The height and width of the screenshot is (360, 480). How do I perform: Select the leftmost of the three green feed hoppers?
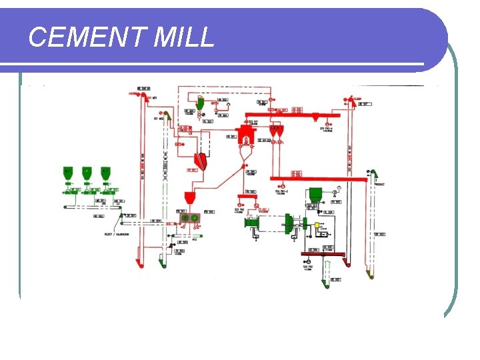(x=68, y=173)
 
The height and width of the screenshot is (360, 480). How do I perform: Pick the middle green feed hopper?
(x=87, y=173)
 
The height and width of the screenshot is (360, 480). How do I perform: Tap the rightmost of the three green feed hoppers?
(x=105, y=173)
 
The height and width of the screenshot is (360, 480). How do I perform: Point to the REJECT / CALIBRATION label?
(x=117, y=234)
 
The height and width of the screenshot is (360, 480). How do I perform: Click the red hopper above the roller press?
(x=189, y=198)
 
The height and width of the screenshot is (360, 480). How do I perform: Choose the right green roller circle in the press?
(x=195, y=217)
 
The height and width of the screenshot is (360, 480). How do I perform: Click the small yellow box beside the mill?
(x=308, y=225)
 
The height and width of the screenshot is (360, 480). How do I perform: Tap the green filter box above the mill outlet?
(x=315, y=194)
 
